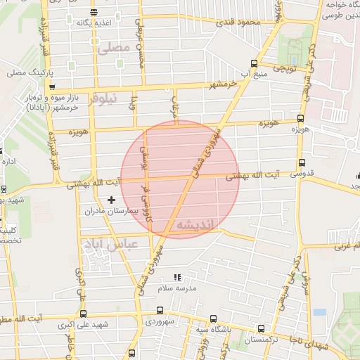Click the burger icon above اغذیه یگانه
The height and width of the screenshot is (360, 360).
click(x=94, y=13)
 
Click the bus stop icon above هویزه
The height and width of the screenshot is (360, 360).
click(x=301, y=119)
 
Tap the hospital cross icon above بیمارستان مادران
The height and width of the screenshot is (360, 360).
click(x=110, y=200)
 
